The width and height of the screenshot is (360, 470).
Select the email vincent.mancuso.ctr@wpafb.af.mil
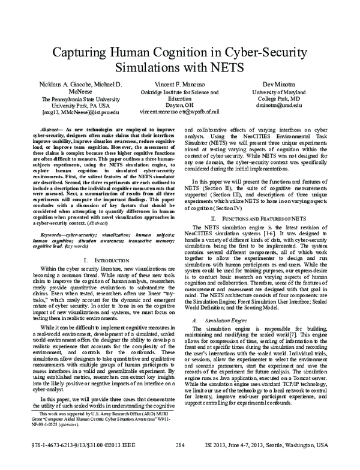pos(179,112)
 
